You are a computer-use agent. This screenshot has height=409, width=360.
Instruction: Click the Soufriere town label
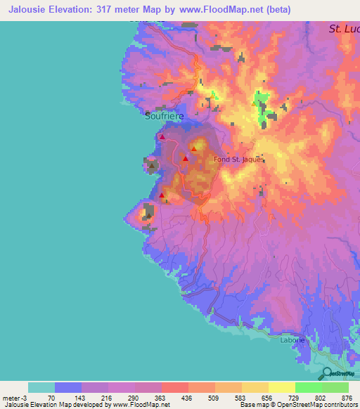(165, 117)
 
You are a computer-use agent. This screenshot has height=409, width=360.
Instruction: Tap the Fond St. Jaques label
(239, 159)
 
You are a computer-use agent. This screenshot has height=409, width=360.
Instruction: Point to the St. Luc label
(344, 30)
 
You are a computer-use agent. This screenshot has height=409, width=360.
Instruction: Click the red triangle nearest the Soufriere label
(162, 137)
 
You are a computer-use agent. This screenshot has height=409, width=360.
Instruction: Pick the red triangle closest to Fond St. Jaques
(193, 150)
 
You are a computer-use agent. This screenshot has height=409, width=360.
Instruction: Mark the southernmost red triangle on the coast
(162, 195)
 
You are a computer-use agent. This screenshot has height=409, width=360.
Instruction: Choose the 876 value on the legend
(348, 398)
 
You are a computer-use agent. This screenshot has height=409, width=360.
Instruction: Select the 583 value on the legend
(241, 398)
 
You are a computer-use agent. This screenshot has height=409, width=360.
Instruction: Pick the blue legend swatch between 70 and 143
(67, 387)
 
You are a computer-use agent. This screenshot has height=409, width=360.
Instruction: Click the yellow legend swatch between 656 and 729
(281, 387)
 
